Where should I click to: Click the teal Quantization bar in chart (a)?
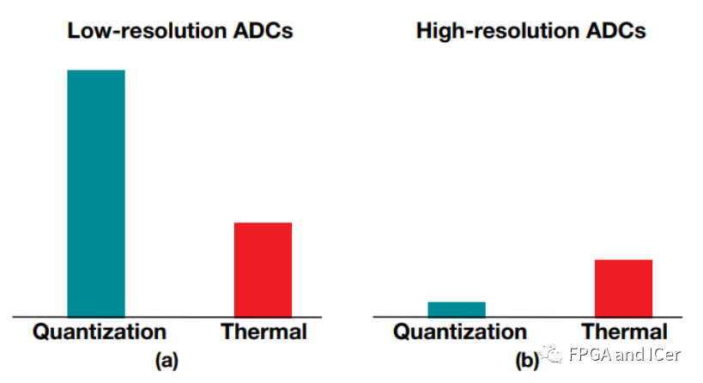click(x=96, y=193)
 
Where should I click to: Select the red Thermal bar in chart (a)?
click(x=264, y=270)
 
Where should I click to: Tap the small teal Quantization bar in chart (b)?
click(x=457, y=309)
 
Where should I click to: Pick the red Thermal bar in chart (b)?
click(x=624, y=289)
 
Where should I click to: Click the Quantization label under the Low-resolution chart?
click(x=100, y=332)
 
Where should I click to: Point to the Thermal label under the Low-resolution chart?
click(x=264, y=331)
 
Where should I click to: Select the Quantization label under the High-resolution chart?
click(x=460, y=332)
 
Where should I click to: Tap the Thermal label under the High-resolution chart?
click(x=624, y=331)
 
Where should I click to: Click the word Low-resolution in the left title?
click(x=147, y=31)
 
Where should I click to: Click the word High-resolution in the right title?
click(x=498, y=31)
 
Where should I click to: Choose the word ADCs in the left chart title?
click(x=263, y=31)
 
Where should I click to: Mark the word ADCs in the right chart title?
click(x=616, y=31)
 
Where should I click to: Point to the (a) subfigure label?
click(x=167, y=361)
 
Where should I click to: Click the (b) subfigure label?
click(x=527, y=361)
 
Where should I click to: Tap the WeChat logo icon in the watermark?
click(x=550, y=354)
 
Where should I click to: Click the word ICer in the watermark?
click(x=665, y=355)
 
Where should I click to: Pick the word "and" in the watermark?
click(x=630, y=355)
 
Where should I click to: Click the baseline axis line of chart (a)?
click(x=167, y=317)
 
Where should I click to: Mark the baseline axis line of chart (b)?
click(x=528, y=317)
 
